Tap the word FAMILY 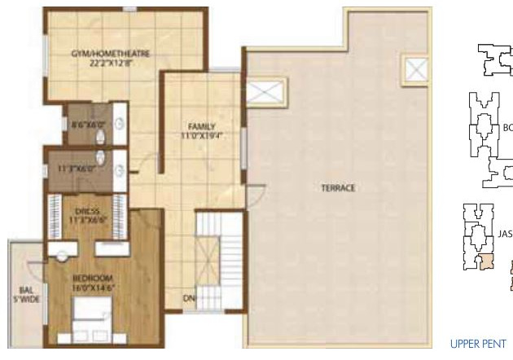tap(201, 126)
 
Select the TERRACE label tap(338, 188)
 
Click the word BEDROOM tap(91, 279)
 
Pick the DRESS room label tap(86, 210)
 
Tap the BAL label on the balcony tap(25, 289)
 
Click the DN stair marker tap(188, 297)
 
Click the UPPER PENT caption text tap(478, 344)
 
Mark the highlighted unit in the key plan tap(485, 262)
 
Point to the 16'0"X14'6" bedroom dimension tap(91, 288)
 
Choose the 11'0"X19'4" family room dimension tap(201, 136)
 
